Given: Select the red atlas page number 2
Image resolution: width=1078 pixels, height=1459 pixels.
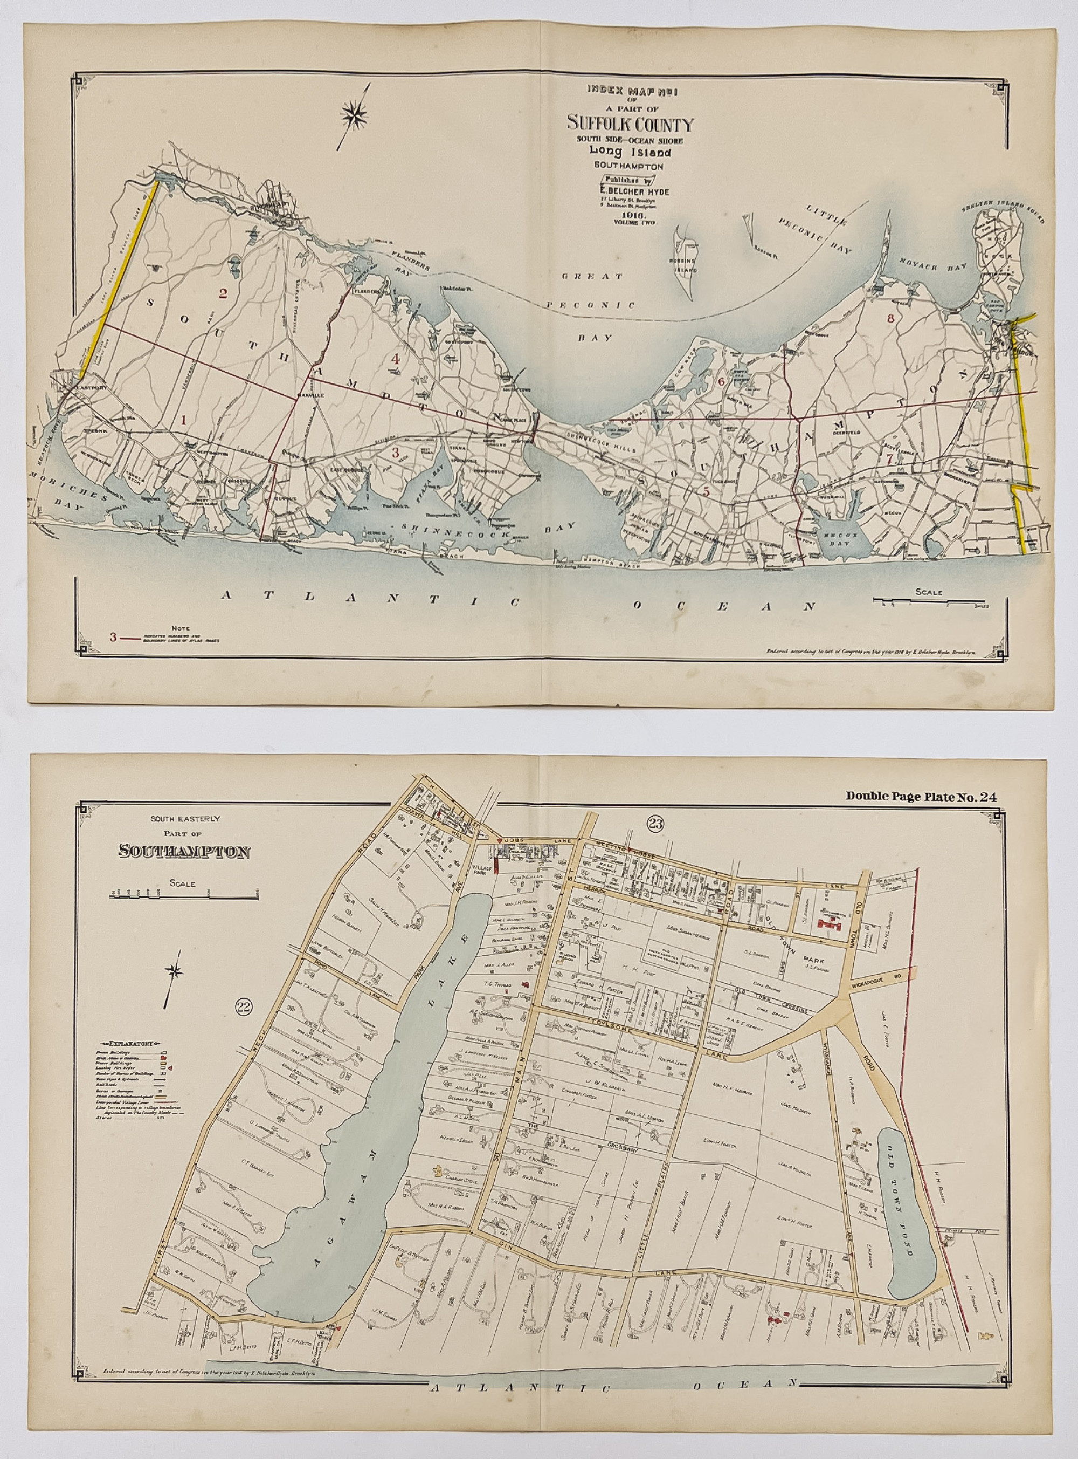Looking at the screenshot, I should (x=223, y=294).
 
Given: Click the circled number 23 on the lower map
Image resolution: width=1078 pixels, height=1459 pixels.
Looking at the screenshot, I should (x=653, y=822).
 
